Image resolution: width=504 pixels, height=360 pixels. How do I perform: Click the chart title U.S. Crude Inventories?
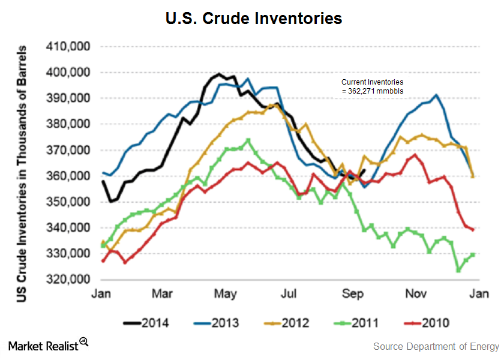tap(254, 19)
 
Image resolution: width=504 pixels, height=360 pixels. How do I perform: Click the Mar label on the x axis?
tap(161, 293)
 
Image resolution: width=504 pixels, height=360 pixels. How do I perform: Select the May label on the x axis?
tap(225, 293)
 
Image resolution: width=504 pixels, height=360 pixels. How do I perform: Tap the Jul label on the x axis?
tap(289, 293)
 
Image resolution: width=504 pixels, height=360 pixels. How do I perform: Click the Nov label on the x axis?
tap(416, 293)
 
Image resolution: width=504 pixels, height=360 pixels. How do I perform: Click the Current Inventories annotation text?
tap(372, 86)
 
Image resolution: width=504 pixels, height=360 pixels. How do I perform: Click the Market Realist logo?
tap(49, 345)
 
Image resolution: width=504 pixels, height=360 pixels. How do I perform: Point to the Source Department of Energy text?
tap(436, 346)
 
